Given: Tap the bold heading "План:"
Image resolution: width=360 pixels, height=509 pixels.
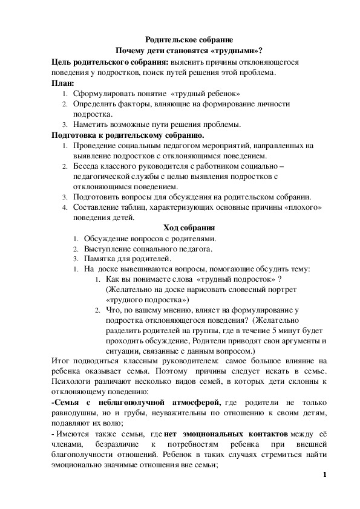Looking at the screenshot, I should click(62, 83).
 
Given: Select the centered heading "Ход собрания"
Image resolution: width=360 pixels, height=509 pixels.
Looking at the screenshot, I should click(189, 228).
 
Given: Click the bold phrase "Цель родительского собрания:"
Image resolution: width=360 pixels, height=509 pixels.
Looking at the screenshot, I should click(106, 62).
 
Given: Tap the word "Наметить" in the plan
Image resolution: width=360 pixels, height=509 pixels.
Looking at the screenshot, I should click(90, 125).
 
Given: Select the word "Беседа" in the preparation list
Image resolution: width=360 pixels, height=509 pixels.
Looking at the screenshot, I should click(87, 166).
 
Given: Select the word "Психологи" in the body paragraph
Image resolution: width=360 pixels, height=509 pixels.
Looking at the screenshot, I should click(70, 381).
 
